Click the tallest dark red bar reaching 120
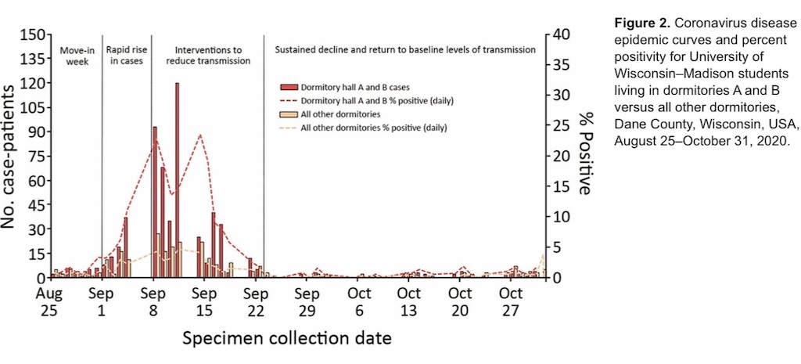(177, 180)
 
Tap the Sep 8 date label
(153, 302)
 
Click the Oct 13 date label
(408, 302)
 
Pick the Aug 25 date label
(50, 302)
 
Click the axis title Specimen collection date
(286, 339)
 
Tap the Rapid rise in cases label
(126, 54)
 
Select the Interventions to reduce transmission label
(207, 54)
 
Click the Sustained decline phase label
(405, 49)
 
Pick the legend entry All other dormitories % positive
(374, 128)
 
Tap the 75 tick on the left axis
(34, 157)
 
